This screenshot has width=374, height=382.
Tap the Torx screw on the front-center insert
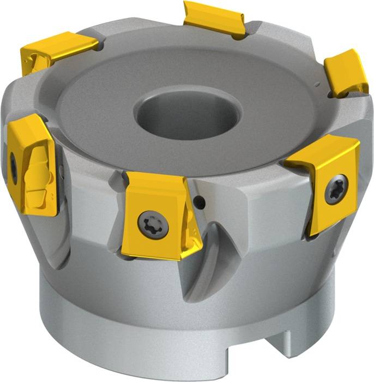149,223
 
